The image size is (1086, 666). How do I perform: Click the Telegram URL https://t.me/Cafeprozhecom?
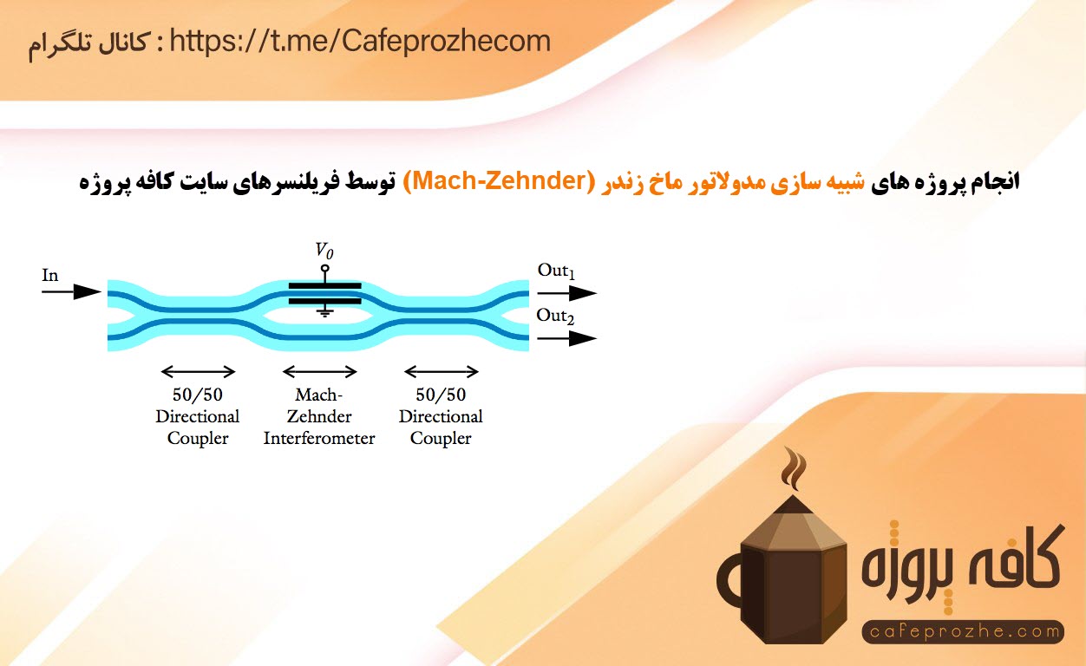coord(360,42)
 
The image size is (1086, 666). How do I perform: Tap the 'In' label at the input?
coord(50,275)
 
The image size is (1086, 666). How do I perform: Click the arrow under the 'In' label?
coord(71,291)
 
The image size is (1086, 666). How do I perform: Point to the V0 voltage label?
coord(324,250)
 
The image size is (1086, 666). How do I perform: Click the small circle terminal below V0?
coord(324,268)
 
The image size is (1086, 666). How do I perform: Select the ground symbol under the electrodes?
coord(324,312)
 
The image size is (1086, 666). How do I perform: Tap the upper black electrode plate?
coord(324,286)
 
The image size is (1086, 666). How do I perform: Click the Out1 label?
coord(556,271)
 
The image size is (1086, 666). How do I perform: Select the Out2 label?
coord(555,316)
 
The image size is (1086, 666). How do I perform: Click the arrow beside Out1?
coord(566,293)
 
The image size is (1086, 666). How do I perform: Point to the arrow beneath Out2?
coord(566,338)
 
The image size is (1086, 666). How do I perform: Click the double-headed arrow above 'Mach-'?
coord(320,372)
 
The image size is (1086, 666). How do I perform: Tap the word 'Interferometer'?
coord(319,438)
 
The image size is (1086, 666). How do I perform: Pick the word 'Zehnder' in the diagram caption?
coord(319,416)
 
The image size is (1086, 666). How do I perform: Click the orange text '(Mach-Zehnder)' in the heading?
coord(499,180)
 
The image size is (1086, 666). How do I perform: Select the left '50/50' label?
coord(197,395)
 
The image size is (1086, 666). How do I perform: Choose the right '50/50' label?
coord(441,395)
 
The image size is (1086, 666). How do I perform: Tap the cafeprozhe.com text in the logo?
coord(963,631)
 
